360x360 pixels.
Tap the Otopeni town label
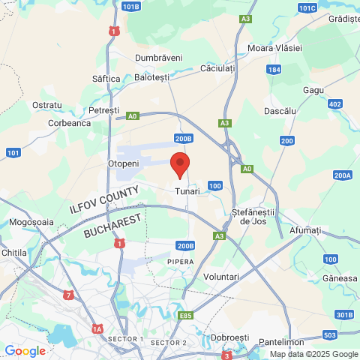coord(124,163)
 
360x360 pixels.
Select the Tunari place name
coord(187,191)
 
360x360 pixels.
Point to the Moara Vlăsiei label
coord(275,48)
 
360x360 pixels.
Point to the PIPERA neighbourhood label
coord(180,262)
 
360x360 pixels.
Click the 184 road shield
coord(274,69)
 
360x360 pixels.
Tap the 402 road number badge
coord(334,104)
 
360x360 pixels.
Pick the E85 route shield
coord(185,316)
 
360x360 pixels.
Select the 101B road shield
coord(130,7)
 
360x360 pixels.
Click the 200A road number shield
coord(343,175)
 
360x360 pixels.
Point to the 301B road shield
coord(344,314)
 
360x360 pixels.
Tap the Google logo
coord(25,351)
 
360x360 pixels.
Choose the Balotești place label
coord(151,76)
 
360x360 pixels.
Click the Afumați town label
coord(305,229)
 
